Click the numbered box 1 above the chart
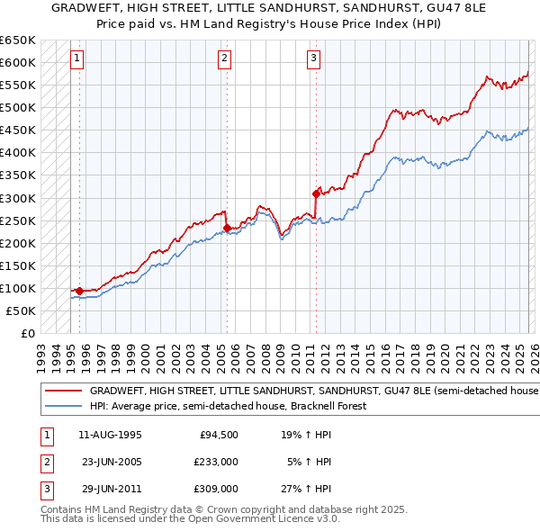pyautogui.click(x=78, y=59)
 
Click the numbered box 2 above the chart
pyautogui.click(x=224, y=59)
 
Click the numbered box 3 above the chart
pyautogui.click(x=313, y=59)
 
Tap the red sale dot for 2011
pyautogui.click(x=316, y=193)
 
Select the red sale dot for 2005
pyautogui.click(x=227, y=228)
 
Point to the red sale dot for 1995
pyautogui.click(x=80, y=291)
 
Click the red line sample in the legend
pyautogui.click(x=63, y=391)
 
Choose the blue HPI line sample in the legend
pyautogui.click(x=63, y=407)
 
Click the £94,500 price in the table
pyautogui.click(x=219, y=434)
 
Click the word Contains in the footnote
pyautogui.click(x=62, y=509)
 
